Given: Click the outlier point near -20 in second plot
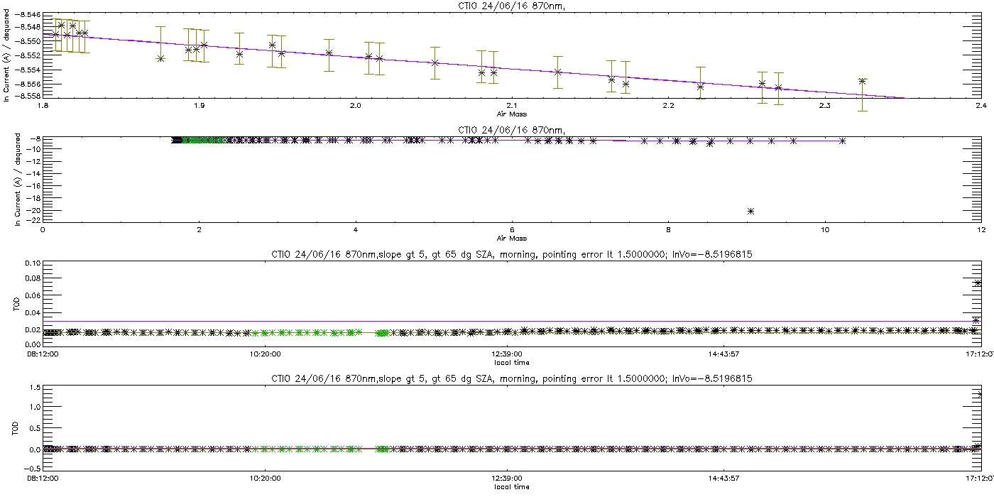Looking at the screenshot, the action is tap(750, 212).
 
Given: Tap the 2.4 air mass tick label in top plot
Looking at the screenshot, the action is tap(981, 106).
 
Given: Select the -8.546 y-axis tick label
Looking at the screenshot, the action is tap(28, 15).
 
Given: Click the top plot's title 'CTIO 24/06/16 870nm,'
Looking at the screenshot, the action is tap(512, 6).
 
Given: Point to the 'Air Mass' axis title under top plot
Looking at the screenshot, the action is tap(512, 114).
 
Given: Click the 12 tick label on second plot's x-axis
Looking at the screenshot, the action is tap(981, 230).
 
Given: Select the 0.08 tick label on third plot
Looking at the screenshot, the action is tap(33, 278).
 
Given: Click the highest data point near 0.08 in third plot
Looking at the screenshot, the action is tap(978, 283).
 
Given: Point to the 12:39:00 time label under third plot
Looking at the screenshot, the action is tap(507, 354).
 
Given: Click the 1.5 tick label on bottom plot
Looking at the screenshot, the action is tap(35, 388).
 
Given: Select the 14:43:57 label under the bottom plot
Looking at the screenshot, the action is tap(723, 479).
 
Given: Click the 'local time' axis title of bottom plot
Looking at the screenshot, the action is tap(512, 487).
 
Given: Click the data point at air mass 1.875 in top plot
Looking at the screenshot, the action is tap(160, 58).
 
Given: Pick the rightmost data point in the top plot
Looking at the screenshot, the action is tap(862, 81).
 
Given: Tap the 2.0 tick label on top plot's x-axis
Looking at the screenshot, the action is tap(356, 106).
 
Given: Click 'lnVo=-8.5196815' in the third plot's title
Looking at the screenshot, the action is tap(712, 255).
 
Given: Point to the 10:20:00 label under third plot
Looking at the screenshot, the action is tap(265, 354).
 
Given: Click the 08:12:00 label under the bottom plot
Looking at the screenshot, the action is tap(43, 479).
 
